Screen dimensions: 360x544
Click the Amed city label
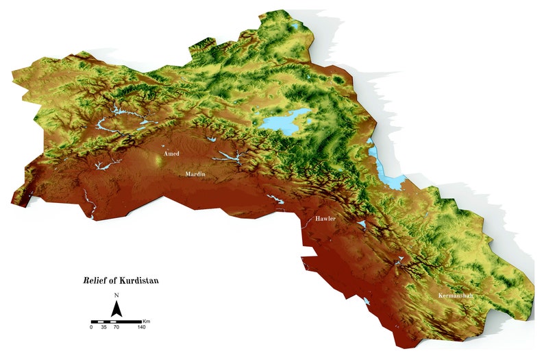(x=171, y=154)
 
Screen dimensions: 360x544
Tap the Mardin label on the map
(x=196, y=174)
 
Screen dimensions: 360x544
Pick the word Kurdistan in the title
(x=140, y=280)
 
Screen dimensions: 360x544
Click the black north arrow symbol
(x=116, y=310)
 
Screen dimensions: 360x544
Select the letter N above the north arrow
(x=116, y=296)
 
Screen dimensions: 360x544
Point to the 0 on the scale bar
(x=91, y=328)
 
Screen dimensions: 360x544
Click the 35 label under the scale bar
(x=104, y=328)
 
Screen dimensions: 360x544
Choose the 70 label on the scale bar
(x=116, y=328)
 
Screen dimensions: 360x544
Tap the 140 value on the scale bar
(x=142, y=328)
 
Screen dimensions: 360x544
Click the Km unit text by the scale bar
(x=147, y=321)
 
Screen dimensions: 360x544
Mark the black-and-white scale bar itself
(x=116, y=321)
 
